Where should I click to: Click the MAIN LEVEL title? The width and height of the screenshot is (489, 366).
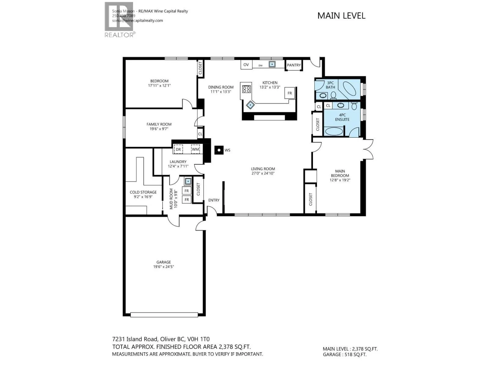pyautogui.click(x=341, y=16)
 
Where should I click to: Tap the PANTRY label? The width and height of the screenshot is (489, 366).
pyautogui.click(x=294, y=65)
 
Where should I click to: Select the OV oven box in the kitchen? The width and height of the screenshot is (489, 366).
pyautogui.click(x=246, y=65)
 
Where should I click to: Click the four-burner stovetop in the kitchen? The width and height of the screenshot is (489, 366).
pyautogui.click(x=246, y=89)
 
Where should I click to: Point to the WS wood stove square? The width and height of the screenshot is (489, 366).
pyautogui.click(x=219, y=150)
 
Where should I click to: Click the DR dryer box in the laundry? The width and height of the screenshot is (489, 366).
pyautogui.click(x=178, y=149)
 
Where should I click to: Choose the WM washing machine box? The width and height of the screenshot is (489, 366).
pyautogui.click(x=195, y=149)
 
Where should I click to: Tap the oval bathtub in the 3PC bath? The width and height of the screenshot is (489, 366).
pyautogui.click(x=349, y=89)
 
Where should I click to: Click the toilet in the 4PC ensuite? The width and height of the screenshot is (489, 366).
pyautogui.click(x=354, y=106)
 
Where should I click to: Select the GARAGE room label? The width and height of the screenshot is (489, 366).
pyautogui.click(x=164, y=262)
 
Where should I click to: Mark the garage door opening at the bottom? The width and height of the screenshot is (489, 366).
pyautogui.click(x=164, y=315)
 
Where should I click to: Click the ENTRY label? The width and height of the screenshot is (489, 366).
pyautogui.click(x=214, y=200)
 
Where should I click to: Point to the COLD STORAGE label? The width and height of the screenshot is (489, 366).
pyautogui.click(x=143, y=192)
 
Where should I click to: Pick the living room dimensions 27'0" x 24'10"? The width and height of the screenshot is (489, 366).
pyautogui.click(x=263, y=173)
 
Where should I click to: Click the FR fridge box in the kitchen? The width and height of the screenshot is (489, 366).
pyautogui.click(x=290, y=93)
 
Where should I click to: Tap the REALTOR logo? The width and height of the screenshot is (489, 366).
pyautogui.click(x=120, y=20)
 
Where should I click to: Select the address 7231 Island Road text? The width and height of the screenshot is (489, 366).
pyautogui.click(x=135, y=339)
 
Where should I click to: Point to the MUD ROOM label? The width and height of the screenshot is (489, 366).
pyautogui.click(x=171, y=199)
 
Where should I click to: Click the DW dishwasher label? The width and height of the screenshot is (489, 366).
pyautogui.click(x=260, y=66)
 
